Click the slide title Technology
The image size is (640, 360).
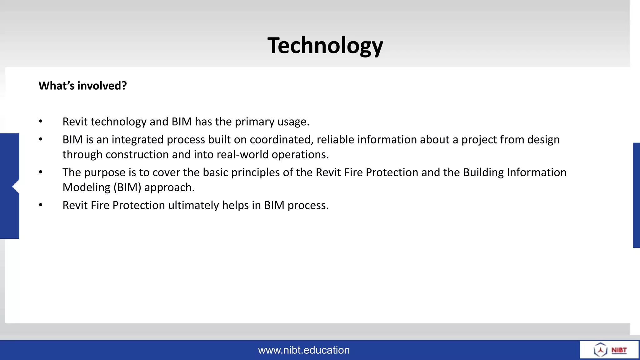click(x=325, y=46)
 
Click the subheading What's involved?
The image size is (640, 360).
click(x=82, y=86)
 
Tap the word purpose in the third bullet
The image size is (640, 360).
click(x=105, y=173)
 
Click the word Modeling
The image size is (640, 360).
click(x=87, y=187)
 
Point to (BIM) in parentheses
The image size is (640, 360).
click(x=127, y=187)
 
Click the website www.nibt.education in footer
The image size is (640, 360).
click(x=304, y=350)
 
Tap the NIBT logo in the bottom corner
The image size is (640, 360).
click(x=609, y=350)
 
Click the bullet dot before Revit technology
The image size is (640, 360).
click(x=41, y=122)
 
